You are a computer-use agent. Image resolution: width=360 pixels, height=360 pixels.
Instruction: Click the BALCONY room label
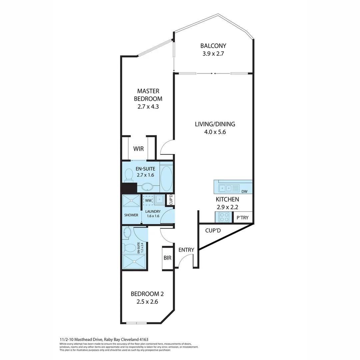pyautogui.click(x=213, y=46)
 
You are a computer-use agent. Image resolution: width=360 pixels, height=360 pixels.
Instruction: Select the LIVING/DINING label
pyautogui.click(x=215, y=124)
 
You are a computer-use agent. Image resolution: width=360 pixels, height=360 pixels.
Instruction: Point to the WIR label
pyautogui.click(x=138, y=149)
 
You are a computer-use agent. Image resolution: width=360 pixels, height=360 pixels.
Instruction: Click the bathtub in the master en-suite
pyautogui.click(x=166, y=178)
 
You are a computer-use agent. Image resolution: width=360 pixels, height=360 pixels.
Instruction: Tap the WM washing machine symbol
pyautogui.click(x=148, y=200)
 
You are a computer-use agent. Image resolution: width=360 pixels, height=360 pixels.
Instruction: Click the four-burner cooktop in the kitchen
pyautogui.click(x=224, y=217)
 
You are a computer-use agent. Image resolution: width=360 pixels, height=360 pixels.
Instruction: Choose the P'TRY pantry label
pyautogui.click(x=242, y=218)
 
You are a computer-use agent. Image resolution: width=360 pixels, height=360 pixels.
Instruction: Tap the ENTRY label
pyautogui.click(x=186, y=250)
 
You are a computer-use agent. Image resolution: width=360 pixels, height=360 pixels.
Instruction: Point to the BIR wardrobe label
pyautogui.click(x=167, y=258)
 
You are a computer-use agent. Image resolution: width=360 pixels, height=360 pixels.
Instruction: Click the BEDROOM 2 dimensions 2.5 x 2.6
pyautogui.click(x=147, y=302)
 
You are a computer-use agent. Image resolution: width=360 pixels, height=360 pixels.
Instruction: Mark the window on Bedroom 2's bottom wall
pyautogui.click(x=137, y=323)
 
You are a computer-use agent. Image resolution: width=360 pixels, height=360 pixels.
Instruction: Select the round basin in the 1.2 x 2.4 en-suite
pyautogui.click(x=127, y=233)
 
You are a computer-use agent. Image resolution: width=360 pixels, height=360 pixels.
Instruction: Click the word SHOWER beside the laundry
pyautogui.click(x=131, y=215)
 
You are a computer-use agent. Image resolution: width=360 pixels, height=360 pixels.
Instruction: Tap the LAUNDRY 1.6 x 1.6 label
pyautogui.click(x=153, y=214)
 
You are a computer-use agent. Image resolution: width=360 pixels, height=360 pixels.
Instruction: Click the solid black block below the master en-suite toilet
pyautogui.click(x=129, y=188)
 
